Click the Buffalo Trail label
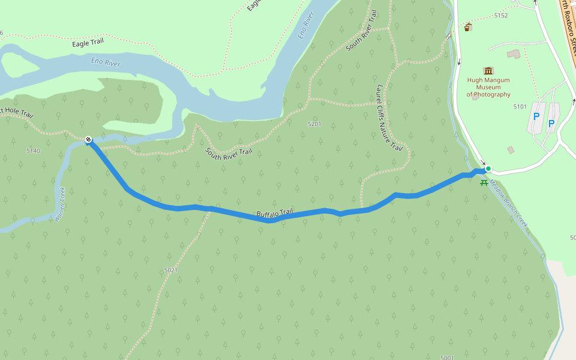click(275, 213)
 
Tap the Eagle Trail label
click(89, 44)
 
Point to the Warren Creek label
click(59, 205)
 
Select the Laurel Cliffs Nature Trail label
click(388, 117)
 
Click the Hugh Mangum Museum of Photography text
click(488, 87)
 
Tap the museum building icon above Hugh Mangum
click(488, 71)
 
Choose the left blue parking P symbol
click(536, 116)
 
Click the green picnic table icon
click(484, 182)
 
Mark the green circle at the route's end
click(488, 169)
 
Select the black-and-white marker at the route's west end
click(88, 140)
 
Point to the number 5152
click(500, 16)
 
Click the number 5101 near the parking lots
click(520, 106)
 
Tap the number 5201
click(314, 124)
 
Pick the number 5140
click(33, 151)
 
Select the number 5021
click(171, 270)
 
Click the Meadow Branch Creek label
click(508, 203)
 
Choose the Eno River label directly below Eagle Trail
click(106, 62)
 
